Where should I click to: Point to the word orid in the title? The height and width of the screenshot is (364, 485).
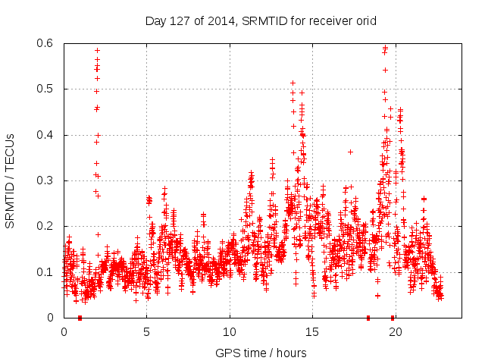365,20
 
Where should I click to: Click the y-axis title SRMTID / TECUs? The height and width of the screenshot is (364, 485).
10,181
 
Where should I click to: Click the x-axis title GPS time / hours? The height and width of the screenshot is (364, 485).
261,353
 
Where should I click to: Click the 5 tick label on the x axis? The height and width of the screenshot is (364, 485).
147,331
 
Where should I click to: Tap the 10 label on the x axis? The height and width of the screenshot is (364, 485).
230,331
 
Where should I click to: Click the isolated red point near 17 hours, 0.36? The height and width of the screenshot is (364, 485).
350,152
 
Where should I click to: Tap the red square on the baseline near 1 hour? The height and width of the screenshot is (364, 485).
80,317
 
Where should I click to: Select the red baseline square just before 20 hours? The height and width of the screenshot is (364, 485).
392,317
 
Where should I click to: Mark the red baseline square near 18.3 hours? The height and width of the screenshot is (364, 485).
368,317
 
